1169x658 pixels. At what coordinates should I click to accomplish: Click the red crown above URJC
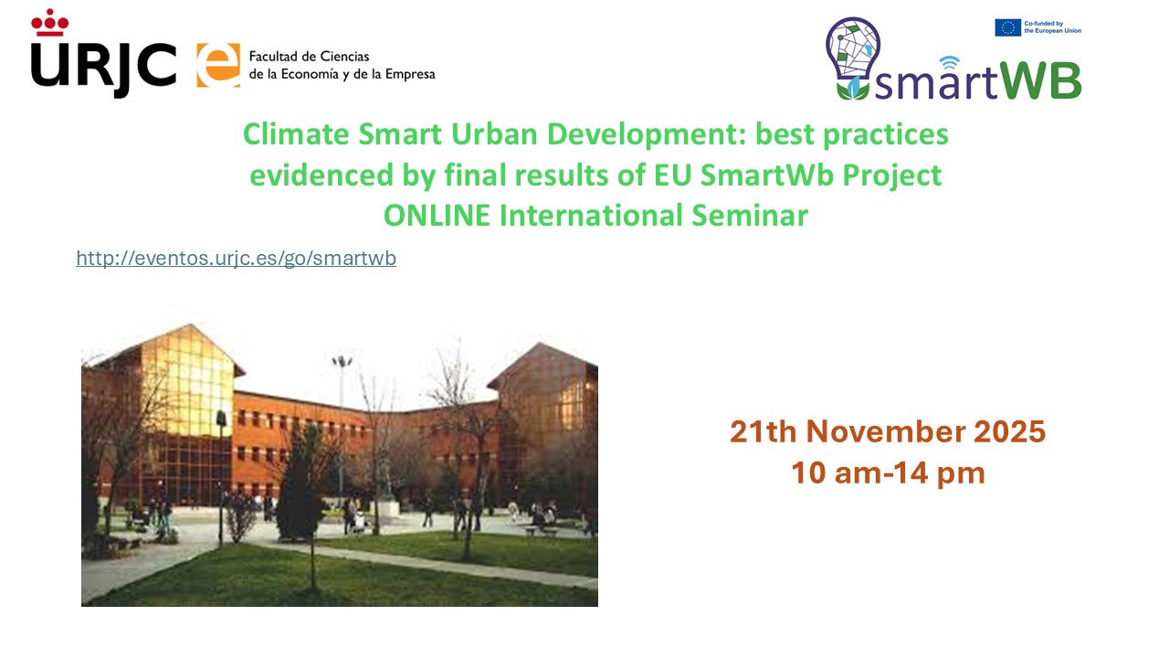tap(49, 23)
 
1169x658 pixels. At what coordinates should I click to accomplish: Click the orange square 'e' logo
tap(218, 65)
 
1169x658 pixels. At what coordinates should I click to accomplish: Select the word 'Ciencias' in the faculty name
tap(344, 57)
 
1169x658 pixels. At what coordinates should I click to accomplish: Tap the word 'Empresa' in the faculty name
tap(410, 74)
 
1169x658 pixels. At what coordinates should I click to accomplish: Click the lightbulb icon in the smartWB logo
tap(853, 58)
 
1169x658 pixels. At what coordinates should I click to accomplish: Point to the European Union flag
tap(1007, 27)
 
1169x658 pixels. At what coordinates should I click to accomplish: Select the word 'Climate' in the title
tap(296, 134)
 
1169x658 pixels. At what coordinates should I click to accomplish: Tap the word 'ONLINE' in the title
tap(437, 215)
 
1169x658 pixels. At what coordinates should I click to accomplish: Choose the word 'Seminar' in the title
tap(750, 215)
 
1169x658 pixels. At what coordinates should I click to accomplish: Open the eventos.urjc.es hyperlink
tap(236, 258)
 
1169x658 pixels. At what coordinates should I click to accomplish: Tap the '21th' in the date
tap(763, 432)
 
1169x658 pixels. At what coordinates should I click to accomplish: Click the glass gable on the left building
tap(189, 381)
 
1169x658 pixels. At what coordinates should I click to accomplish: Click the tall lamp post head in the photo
tap(342, 361)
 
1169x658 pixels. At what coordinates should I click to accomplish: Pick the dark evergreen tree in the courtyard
tap(299, 485)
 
